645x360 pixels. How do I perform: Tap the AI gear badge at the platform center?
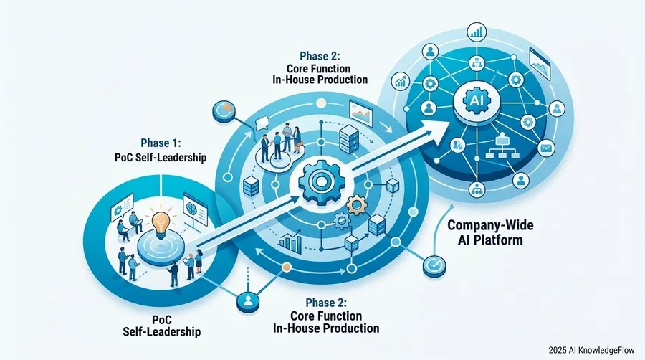477,101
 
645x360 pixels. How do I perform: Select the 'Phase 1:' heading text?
161,143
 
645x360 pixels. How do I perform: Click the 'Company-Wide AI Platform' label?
490,232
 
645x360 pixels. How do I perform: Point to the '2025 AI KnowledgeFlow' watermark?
591,350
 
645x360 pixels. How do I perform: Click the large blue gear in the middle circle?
319,181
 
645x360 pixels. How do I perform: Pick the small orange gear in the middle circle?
357,204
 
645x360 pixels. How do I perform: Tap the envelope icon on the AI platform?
546,147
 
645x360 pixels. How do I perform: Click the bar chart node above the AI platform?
477,32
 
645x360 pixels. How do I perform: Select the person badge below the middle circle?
248,303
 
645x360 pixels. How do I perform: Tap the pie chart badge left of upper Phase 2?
224,111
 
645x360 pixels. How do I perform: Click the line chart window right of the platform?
540,64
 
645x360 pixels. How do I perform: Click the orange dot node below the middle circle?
287,267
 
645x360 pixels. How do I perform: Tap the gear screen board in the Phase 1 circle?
121,207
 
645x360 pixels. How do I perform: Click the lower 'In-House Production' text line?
326,328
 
